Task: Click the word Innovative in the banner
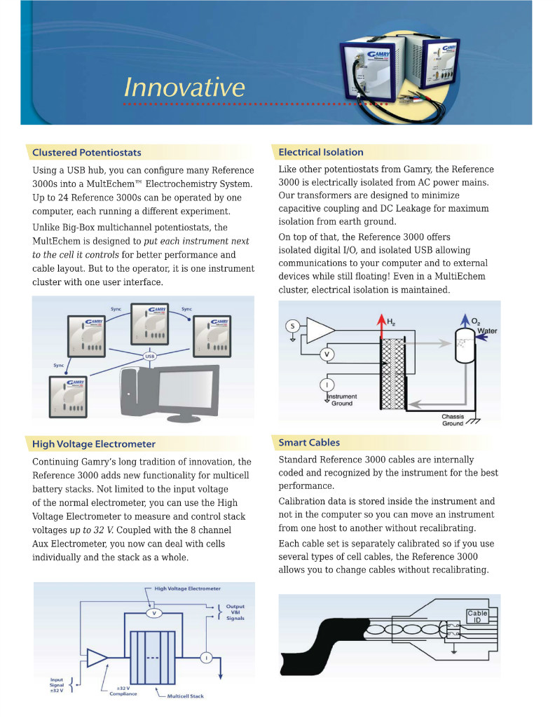[x=184, y=88]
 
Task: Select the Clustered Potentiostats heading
[x=86, y=152]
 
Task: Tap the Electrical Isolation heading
[x=321, y=152]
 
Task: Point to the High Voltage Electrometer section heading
[x=94, y=443]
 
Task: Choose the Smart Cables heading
[x=309, y=443]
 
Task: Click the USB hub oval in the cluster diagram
[x=150, y=357]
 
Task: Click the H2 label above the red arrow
[x=391, y=322]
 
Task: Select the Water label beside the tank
[x=486, y=331]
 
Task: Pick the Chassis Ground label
[x=453, y=420]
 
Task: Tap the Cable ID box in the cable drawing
[x=477, y=617]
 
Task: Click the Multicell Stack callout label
[x=185, y=696]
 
